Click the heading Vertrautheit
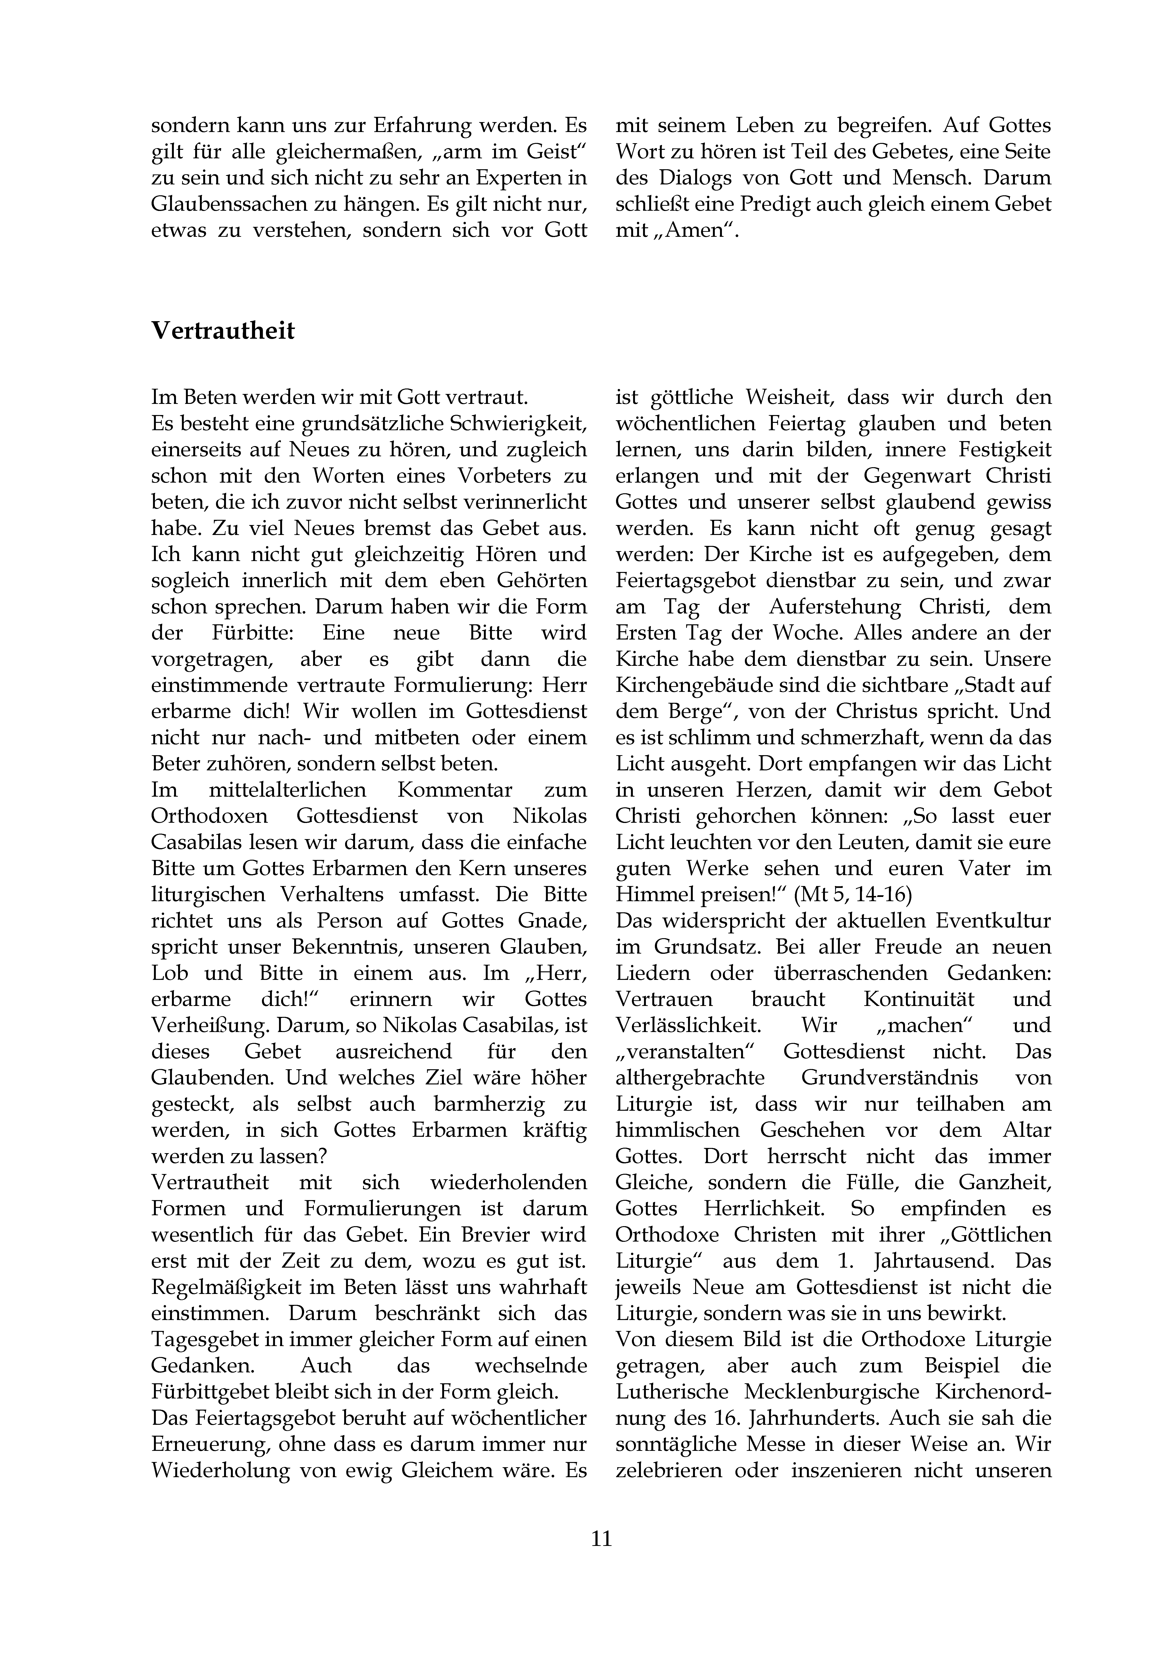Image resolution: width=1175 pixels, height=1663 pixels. coord(223,331)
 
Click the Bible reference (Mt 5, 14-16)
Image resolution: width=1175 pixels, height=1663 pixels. coord(853,895)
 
